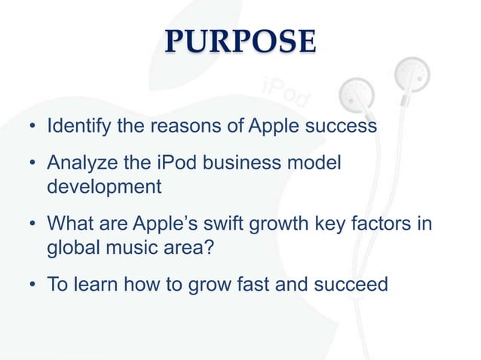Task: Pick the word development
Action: point(103,186)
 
